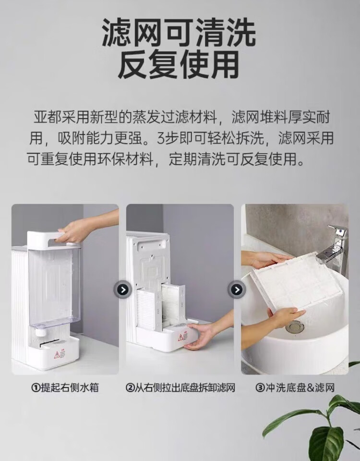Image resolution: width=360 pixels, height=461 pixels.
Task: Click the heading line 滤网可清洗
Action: [x=179, y=32]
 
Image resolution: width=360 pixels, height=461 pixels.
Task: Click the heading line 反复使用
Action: [x=179, y=65]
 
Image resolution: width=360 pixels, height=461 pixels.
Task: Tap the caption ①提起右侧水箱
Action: [x=65, y=388]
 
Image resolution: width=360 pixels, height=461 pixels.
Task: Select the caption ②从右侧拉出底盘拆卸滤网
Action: [x=180, y=388]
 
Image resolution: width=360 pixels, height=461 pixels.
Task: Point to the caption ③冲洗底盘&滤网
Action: [x=295, y=388]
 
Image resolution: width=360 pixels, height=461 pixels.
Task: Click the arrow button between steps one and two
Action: [x=123, y=290]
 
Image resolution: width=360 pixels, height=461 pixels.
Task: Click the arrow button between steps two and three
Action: [x=237, y=290]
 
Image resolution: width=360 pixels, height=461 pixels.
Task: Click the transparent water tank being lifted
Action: [x=54, y=285]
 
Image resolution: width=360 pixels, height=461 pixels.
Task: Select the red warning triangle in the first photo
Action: [x=57, y=354]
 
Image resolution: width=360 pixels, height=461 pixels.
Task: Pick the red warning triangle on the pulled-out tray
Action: [x=180, y=337]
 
